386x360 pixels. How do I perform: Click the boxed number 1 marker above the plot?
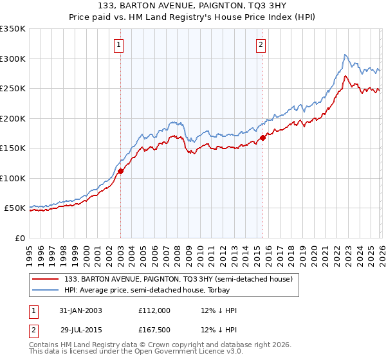click(x=120, y=44)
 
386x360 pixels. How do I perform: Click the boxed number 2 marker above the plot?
click(x=261, y=44)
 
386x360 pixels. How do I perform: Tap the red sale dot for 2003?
click(x=121, y=171)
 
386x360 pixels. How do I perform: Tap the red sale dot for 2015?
click(x=262, y=138)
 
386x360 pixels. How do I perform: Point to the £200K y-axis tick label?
click(x=13, y=118)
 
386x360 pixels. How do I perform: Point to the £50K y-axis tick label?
click(x=15, y=208)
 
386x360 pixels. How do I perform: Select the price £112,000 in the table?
click(x=154, y=310)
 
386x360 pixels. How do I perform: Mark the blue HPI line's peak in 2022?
click(x=345, y=55)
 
